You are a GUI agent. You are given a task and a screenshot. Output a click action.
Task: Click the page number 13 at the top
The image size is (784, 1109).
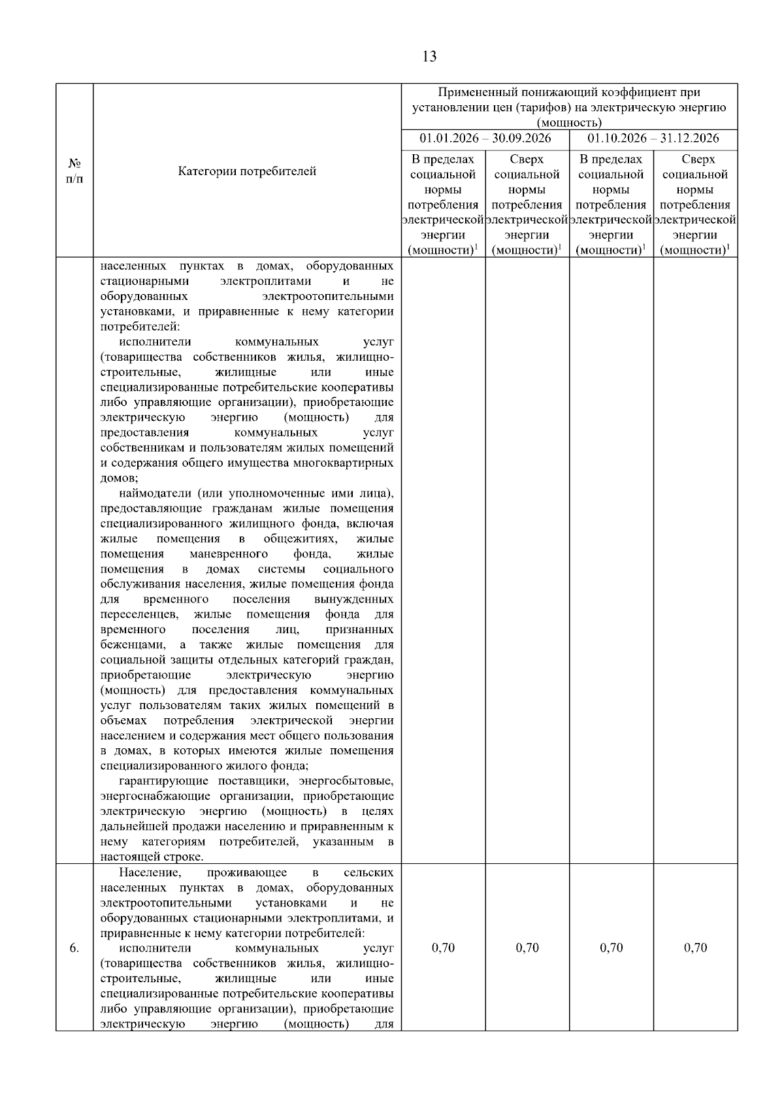point(429,57)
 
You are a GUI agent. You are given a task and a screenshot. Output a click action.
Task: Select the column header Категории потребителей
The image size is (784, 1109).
point(247,171)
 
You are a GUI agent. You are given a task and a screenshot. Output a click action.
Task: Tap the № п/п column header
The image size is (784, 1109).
point(74,171)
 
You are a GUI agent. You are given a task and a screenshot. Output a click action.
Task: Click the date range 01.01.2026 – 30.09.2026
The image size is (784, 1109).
point(485,139)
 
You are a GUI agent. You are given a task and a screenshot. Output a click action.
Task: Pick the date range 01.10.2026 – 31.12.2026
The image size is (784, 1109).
point(653,139)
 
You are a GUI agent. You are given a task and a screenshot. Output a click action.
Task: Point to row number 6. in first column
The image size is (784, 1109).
point(74,948)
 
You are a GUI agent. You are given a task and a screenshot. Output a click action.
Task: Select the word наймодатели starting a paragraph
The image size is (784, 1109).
point(155,493)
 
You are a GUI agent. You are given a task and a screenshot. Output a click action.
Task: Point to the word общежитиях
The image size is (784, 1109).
point(300,538)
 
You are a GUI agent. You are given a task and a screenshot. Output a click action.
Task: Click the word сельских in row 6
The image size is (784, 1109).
point(368,872)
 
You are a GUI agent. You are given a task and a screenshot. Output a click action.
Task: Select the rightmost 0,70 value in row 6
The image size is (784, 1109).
point(695,948)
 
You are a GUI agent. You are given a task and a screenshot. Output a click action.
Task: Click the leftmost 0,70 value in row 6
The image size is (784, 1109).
point(443,948)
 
